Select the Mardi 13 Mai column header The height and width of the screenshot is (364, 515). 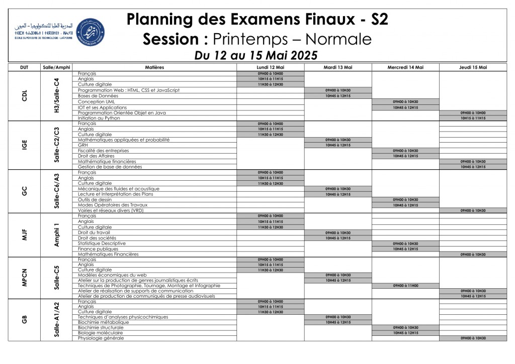[338, 67]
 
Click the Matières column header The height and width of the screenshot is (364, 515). [154, 67]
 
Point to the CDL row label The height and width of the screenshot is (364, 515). [24, 95]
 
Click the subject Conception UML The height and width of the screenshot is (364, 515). [97, 101]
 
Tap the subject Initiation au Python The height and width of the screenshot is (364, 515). [101, 118]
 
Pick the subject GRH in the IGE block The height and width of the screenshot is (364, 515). [83, 145]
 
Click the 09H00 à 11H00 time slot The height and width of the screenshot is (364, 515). [405, 285]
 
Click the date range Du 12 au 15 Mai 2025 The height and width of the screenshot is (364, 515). [256, 55]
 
